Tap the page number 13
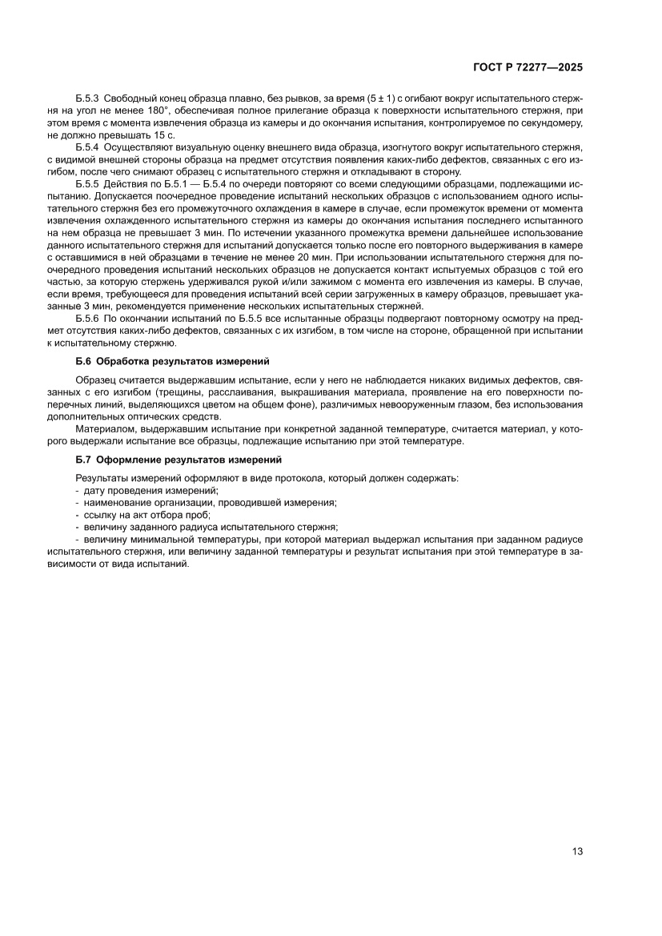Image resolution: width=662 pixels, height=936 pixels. tap(576, 851)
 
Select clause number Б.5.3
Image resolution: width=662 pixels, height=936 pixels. tap(86, 98)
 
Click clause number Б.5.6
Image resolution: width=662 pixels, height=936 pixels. tap(86, 318)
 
